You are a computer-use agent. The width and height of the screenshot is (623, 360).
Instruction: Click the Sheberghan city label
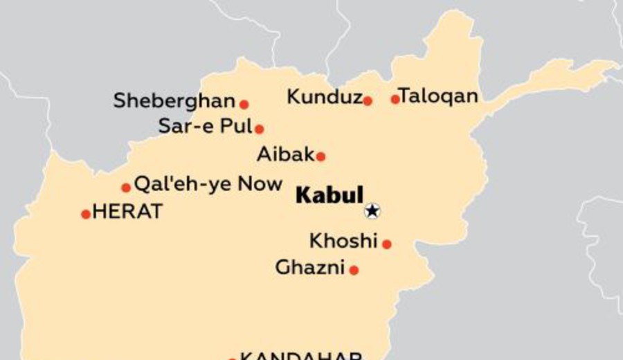coord(174,101)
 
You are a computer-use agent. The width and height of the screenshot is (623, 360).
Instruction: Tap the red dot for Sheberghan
coord(244,105)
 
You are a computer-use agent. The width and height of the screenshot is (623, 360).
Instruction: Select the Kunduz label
coord(325,98)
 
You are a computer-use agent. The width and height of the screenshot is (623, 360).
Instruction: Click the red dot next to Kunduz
coord(368,101)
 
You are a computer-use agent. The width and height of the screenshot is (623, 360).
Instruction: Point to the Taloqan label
coord(439,97)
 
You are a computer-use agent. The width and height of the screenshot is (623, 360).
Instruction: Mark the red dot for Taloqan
coord(395,99)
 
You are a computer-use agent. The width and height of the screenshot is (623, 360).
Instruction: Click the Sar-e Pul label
coord(205,126)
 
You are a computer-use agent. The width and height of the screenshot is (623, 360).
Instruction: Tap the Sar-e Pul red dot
coord(259,129)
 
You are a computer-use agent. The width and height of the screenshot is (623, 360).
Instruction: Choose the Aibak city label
coord(286,154)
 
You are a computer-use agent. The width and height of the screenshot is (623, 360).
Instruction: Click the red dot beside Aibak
coord(320,156)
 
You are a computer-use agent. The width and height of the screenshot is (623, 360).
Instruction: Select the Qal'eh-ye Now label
coord(208,184)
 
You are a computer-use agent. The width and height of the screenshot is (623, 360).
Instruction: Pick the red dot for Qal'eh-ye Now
coord(126,188)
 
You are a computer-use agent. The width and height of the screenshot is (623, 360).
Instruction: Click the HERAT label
coord(127,211)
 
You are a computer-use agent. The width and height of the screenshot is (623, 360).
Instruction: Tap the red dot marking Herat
coord(86,214)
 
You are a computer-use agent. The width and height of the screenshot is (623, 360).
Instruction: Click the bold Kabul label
coord(329,195)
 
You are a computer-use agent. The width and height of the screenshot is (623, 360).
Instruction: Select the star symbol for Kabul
coord(372,210)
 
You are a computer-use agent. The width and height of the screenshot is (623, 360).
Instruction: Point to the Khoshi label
coord(343,241)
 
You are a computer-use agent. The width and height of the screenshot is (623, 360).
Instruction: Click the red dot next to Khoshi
coord(387,244)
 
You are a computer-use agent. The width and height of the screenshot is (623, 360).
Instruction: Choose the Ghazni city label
coord(310,267)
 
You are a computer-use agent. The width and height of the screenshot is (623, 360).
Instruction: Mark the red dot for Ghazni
coord(354,270)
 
